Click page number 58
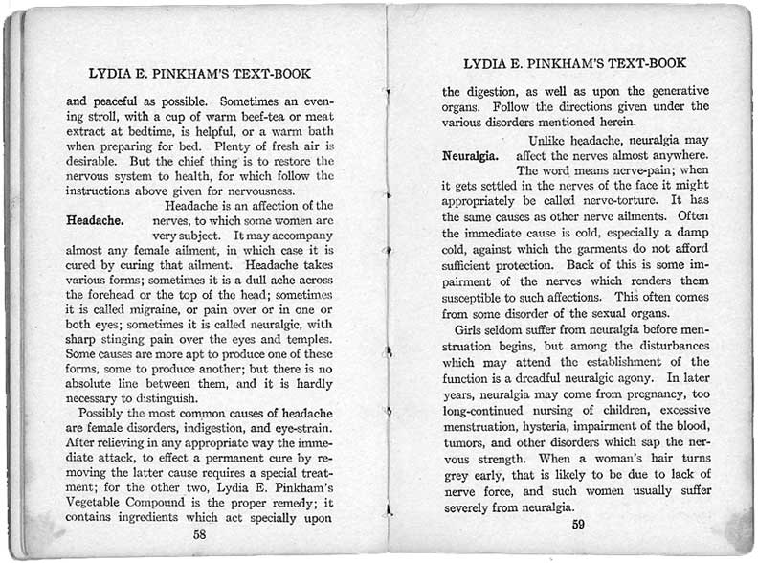(199, 534)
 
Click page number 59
(578, 524)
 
